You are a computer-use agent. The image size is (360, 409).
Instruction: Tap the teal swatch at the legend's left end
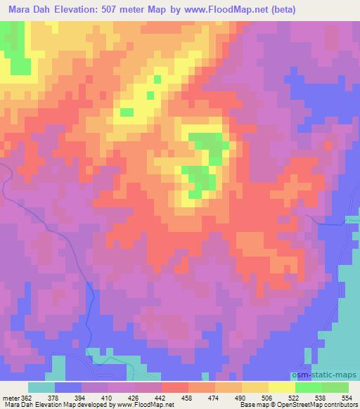point(41,387)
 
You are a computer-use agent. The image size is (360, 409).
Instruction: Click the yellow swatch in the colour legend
point(281,387)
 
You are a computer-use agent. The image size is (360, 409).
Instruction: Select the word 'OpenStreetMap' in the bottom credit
point(295,405)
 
